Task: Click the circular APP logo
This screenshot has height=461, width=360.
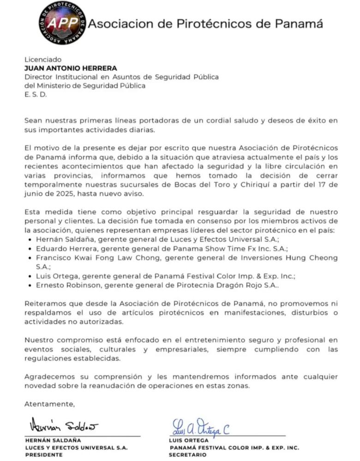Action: (x=62, y=23)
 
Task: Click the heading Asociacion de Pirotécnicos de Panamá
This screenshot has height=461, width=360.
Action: (x=205, y=24)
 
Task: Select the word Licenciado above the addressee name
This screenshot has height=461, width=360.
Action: (x=43, y=60)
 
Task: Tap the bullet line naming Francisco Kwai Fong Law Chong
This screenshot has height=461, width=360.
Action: (x=185, y=258)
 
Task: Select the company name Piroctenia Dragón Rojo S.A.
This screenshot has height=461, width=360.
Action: (x=234, y=285)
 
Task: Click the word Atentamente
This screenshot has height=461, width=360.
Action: (x=49, y=404)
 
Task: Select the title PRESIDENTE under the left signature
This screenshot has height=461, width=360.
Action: (x=44, y=455)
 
